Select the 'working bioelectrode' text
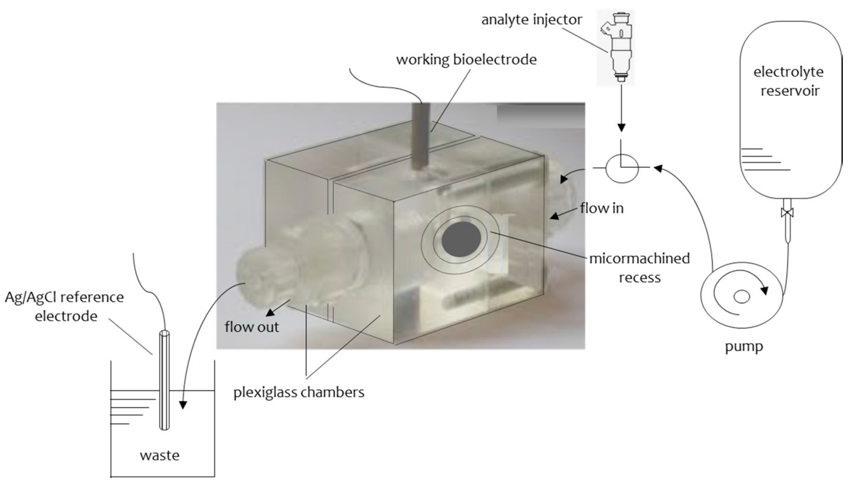[x=466, y=60]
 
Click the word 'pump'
[x=744, y=346]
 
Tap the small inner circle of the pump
[x=742, y=297]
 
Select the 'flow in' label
[x=602, y=209]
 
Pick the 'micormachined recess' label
[x=639, y=268]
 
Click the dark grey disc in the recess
[x=461, y=239]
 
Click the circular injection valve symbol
[x=622, y=169]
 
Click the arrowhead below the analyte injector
[x=621, y=128]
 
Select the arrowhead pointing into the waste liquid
[x=183, y=405]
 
